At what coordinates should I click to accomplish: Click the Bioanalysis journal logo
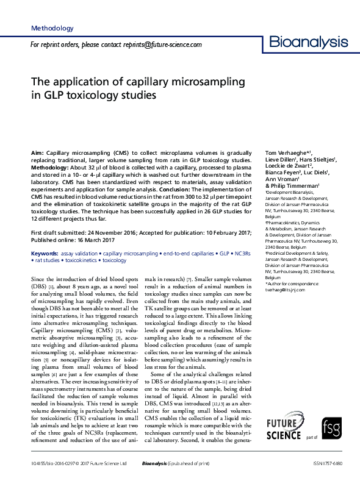(309, 43)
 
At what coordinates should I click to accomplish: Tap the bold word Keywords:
(45, 252)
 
